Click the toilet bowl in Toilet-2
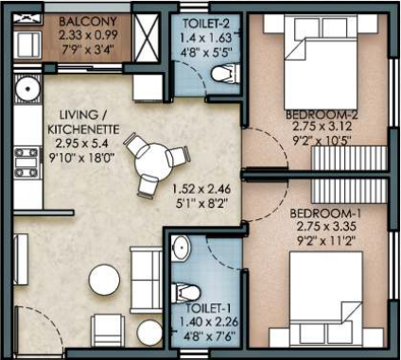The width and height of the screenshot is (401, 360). [221, 75]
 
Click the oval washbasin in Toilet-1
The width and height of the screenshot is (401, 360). [181, 248]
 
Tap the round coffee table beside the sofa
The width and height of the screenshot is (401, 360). [102, 280]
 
